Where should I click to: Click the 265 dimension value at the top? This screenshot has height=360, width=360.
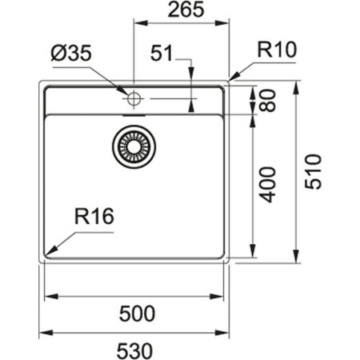[180, 10]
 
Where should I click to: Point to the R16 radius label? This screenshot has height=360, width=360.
[94, 216]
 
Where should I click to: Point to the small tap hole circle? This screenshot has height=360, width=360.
[133, 99]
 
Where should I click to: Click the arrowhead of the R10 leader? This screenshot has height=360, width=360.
[231, 79]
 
